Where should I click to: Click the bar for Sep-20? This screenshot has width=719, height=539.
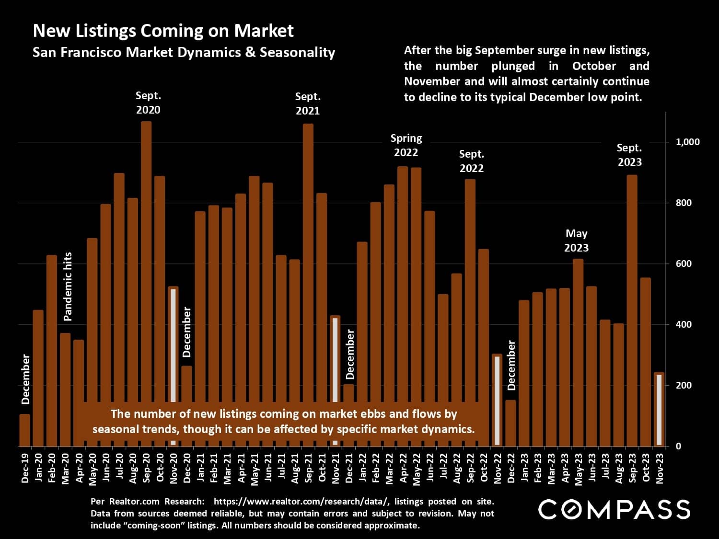pos(146,264)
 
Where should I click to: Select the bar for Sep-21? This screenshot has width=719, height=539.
pos(308,264)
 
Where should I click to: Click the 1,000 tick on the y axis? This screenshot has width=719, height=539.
pos(687,142)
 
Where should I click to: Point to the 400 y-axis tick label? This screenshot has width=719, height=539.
pos(684,324)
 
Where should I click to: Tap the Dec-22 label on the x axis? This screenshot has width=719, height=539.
pos(511,468)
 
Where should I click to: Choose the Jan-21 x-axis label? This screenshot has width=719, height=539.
pos(200,468)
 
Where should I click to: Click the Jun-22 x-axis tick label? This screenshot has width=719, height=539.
pos(430,468)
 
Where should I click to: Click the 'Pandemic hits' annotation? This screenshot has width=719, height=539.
pos(68,287)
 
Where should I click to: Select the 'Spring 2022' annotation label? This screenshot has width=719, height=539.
pos(406,145)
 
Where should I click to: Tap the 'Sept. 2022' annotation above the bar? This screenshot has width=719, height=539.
pos(472,161)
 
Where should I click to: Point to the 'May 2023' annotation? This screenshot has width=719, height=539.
pos(576,241)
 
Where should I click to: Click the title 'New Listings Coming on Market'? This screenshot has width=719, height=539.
pos(163,31)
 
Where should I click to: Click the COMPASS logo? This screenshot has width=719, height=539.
pos(614,509)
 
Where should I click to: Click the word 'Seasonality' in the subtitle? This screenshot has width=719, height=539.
pos(297,52)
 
